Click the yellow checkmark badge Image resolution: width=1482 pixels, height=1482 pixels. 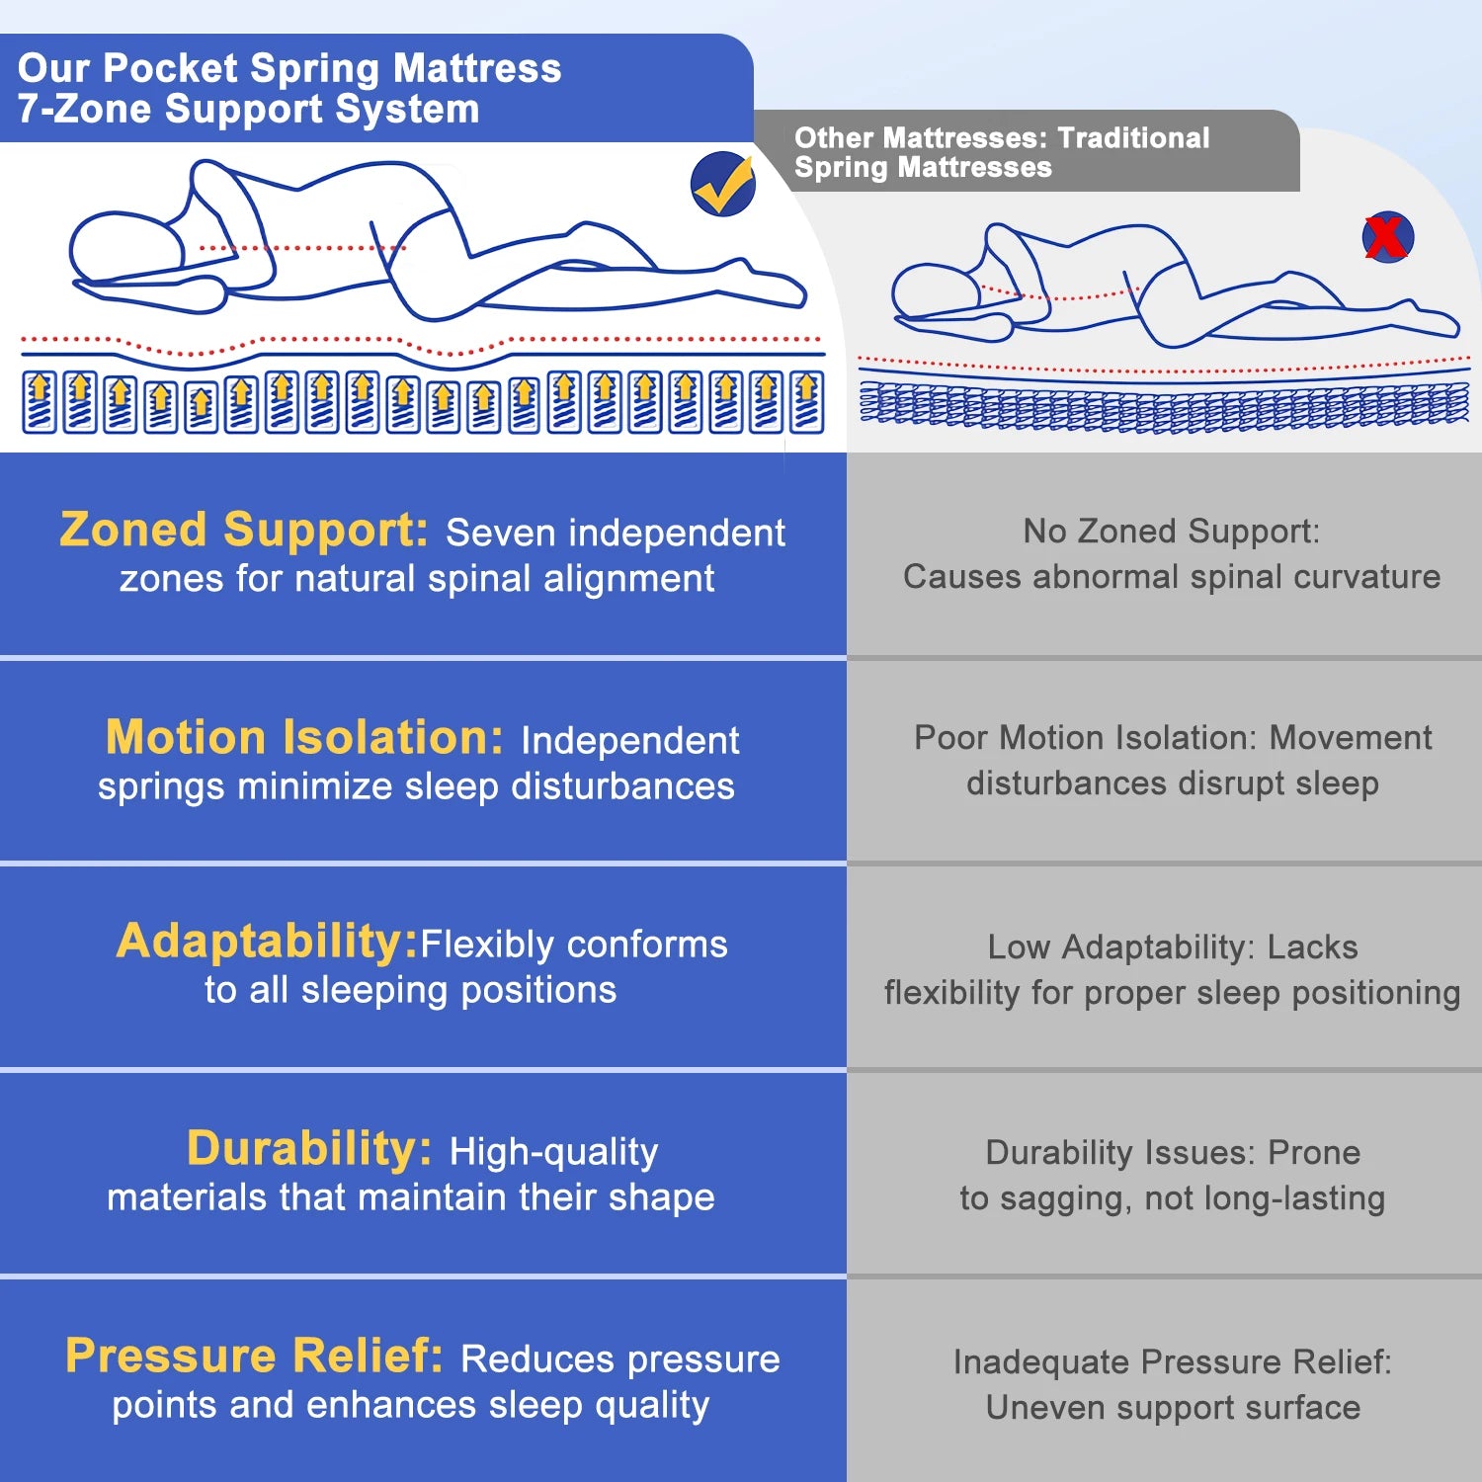point(723,184)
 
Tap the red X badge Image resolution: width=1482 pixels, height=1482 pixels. point(1387,237)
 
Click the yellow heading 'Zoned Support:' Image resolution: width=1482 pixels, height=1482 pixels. point(244,530)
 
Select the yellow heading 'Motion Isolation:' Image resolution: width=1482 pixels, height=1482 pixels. point(304,737)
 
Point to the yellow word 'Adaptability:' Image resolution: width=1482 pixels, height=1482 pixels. point(268,941)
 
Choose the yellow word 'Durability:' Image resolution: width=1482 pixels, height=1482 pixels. point(309,1148)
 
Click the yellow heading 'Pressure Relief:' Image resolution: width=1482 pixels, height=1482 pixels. point(254,1356)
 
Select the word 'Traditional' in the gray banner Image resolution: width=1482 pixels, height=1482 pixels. point(1133,138)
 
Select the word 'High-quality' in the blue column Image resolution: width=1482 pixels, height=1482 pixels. point(553,1151)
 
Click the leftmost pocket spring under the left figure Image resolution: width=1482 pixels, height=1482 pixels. point(41,402)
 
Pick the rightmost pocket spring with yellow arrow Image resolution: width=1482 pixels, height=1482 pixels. point(806,402)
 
